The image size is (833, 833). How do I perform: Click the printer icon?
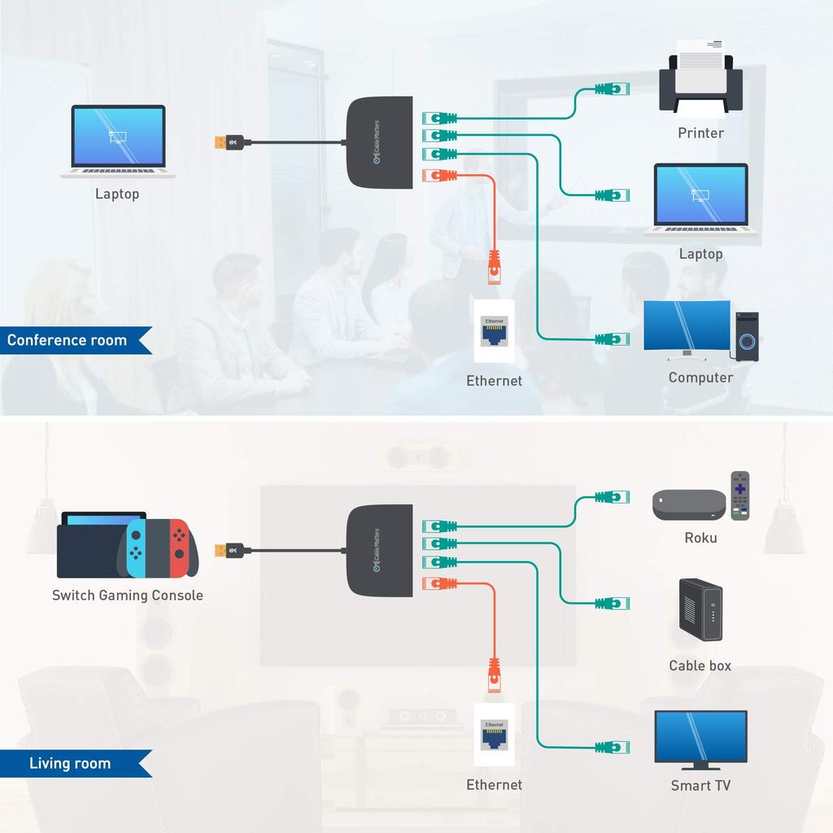click(x=700, y=85)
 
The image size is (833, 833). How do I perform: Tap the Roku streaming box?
click(x=689, y=505)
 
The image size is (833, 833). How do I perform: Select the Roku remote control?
click(x=739, y=495)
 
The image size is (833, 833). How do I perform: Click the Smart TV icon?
click(x=700, y=739)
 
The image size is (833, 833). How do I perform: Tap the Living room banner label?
click(x=71, y=763)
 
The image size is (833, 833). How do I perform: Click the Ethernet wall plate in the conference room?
click(x=494, y=331)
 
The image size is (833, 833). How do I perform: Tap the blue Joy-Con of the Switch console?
click(x=136, y=547)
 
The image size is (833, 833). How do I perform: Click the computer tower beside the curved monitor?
click(x=747, y=336)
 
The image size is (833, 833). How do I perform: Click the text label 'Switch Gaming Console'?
click(x=128, y=595)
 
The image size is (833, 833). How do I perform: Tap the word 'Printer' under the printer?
click(x=700, y=133)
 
